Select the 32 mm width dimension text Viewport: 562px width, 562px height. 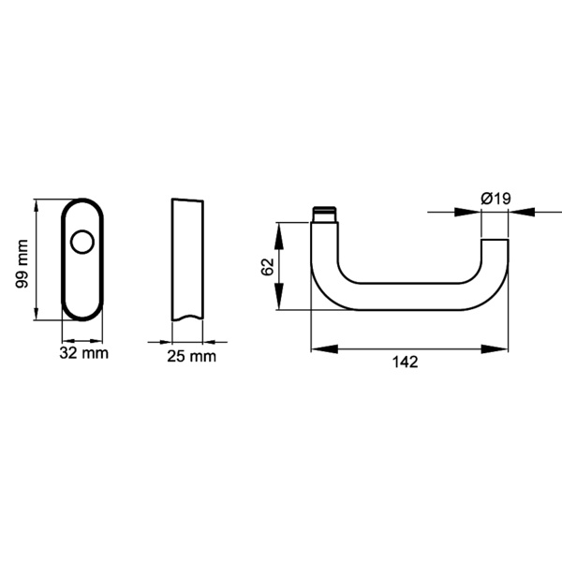(x=83, y=353)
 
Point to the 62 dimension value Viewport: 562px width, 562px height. (x=267, y=267)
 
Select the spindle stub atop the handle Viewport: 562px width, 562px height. (x=325, y=214)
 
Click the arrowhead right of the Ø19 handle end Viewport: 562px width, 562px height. (x=521, y=213)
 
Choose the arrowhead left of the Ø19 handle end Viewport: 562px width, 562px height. (x=468, y=213)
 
